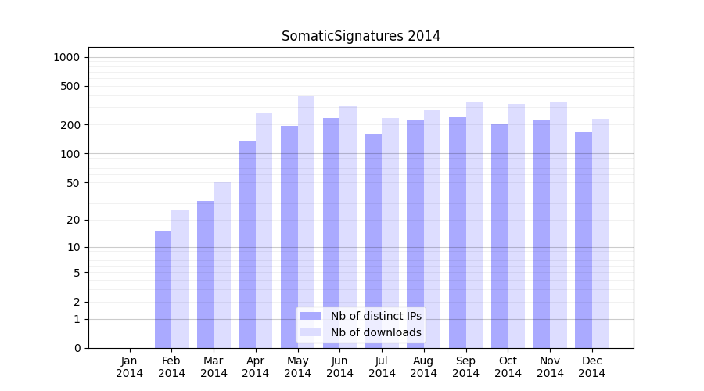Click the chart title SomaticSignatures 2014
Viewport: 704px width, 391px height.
pyautogui.click(x=361, y=36)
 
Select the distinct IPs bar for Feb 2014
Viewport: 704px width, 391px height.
pyautogui.click(x=163, y=289)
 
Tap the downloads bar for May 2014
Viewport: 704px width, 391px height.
pyautogui.click(x=306, y=222)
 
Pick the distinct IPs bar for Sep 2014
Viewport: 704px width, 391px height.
pyautogui.click(x=458, y=232)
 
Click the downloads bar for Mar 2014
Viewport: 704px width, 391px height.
pyautogui.click(x=222, y=265)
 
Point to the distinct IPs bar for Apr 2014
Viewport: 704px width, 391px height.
pyautogui.click(x=247, y=244)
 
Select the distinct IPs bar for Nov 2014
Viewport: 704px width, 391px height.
pyautogui.click(x=541, y=234)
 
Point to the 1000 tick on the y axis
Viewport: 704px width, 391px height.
pyautogui.click(x=66, y=57)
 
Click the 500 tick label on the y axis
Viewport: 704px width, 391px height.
pyautogui.click(x=70, y=86)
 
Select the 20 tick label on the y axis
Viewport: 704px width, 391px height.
pyautogui.click(x=74, y=220)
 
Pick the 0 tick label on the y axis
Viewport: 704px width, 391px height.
pyautogui.click(x=77, y=348)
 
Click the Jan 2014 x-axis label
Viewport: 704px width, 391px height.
pyautogui.click(x=130, y=367)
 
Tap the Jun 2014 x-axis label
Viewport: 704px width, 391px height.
pyautogui.click(x=339, y=367)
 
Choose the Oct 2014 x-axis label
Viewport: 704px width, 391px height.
pyautogui.click(x=508, y=367)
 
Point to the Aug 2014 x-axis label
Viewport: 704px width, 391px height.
pyautogui.click(x=424, y=367)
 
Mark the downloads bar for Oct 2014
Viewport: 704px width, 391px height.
pyautogui.click(x=516, y=226)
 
